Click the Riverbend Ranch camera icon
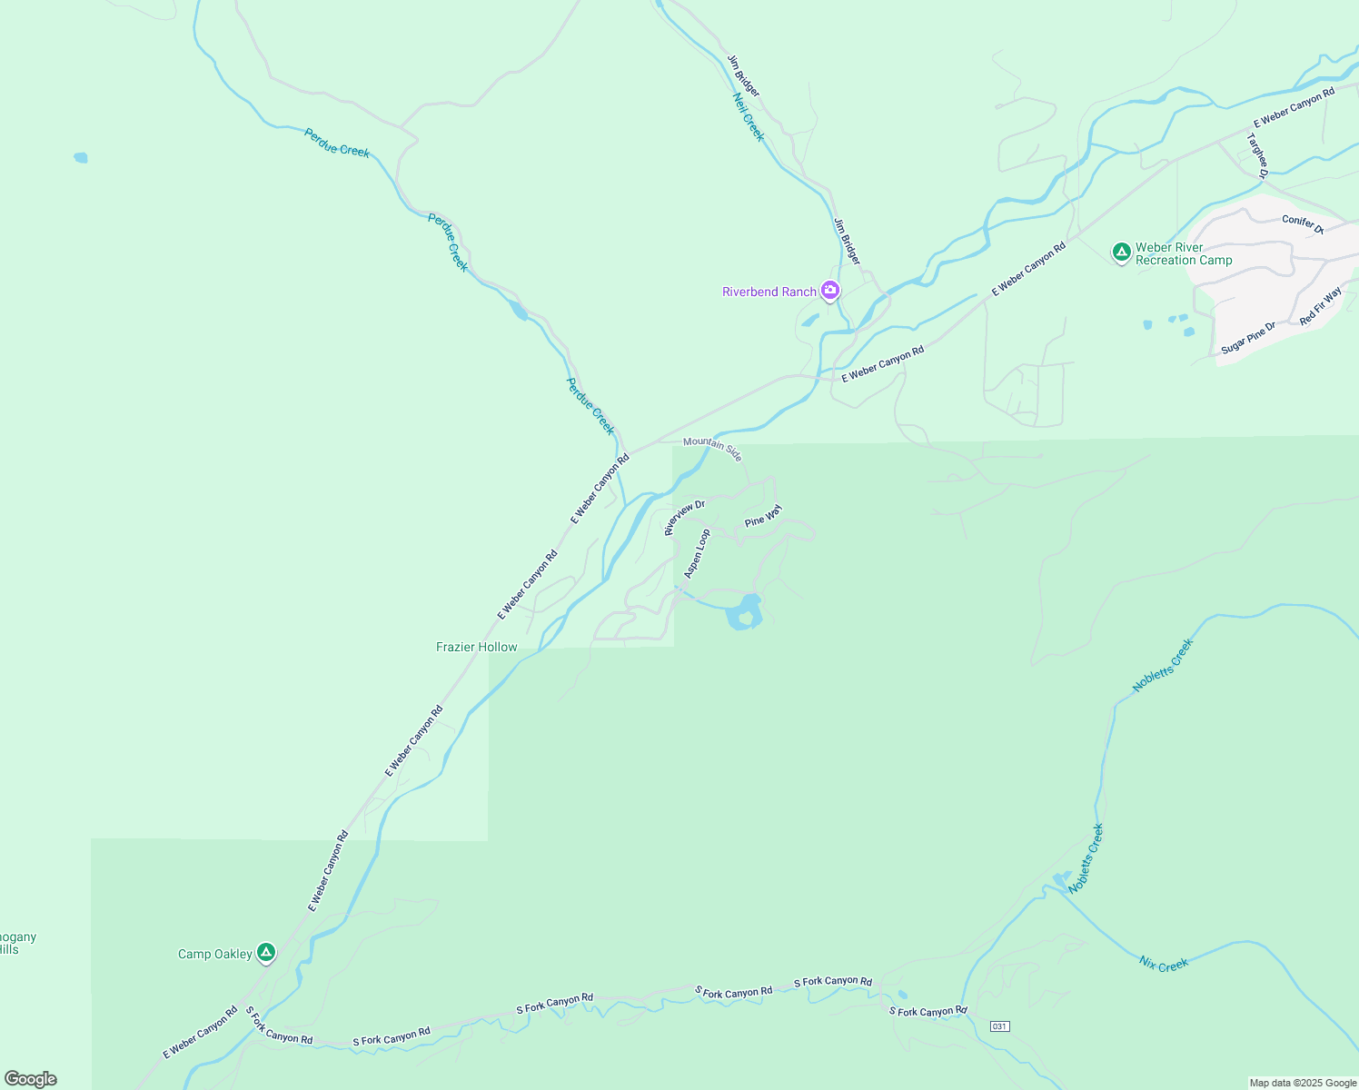829,291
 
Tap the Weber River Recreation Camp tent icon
1122,252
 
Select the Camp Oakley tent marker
265,953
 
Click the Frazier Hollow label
477,647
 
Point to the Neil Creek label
749,116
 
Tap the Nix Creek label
1164,965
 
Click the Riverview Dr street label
685,518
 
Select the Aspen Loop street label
698,554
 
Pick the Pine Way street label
763,516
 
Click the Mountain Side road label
713,448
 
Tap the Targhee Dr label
1257,156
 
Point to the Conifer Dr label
1303,223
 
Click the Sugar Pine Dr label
1248,338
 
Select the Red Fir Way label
1320,306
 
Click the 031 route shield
999,1026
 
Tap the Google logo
31,1079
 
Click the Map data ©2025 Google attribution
1303,1083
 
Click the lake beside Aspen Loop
744,614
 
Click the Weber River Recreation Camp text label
1184,253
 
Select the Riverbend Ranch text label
769,292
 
